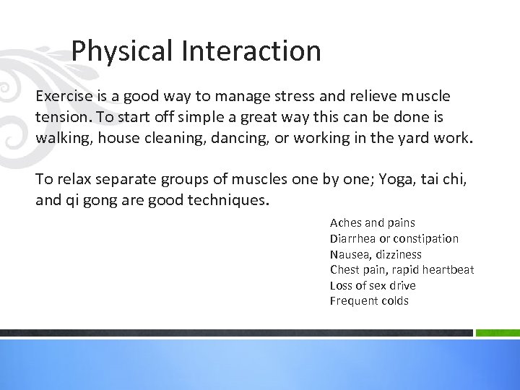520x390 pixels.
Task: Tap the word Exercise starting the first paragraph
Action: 64,97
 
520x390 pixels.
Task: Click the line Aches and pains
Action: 372,223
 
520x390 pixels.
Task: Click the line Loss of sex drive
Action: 372,285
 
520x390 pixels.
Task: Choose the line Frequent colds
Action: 368,300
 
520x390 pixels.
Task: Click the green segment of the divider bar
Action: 498,333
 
